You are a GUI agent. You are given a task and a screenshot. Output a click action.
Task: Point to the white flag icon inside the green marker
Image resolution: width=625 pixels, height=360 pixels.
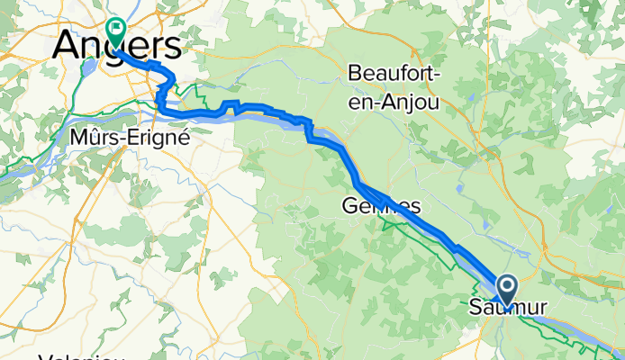pyautogui.click(x=116, y=28)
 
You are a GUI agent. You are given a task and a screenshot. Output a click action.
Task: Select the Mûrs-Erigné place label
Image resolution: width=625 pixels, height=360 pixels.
pyautogui.click(x=130, y=138)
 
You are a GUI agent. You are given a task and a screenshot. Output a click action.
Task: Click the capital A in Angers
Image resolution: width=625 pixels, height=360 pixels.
pyautogui.click(x=67, y=47)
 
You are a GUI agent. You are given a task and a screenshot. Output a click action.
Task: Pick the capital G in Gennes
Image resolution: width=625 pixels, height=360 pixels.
pyautogui.click(x=350, y=206)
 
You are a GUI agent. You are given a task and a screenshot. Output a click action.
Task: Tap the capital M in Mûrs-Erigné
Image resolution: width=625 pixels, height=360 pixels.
pyautogui.click(x=77, y=138)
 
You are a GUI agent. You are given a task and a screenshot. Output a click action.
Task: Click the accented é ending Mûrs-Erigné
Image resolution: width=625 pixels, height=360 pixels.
pyautogui.click(x=183, y=138)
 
